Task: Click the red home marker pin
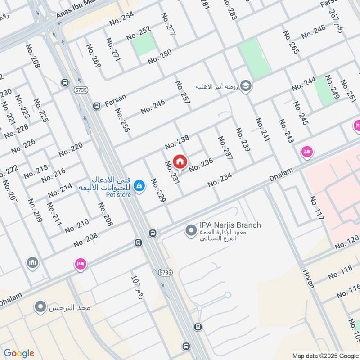180,161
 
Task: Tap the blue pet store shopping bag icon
139,185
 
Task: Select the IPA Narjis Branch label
230,225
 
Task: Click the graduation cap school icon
246,85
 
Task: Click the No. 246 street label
153,107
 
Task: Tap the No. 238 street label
177,142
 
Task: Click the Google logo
19,353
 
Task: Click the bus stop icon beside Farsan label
96,106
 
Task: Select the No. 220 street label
71,149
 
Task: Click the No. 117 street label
317,208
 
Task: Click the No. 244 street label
304,84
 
